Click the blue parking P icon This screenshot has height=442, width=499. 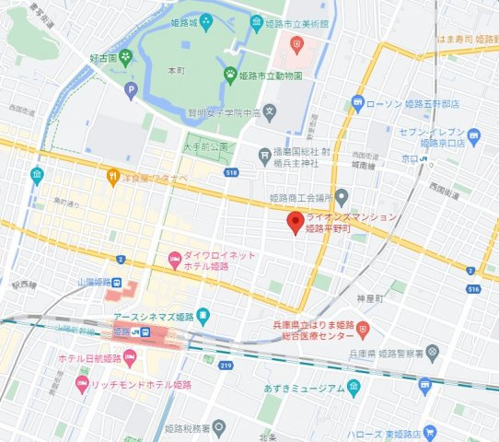tap(131, 90)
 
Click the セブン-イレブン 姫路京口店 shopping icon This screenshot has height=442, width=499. tap(474, 138)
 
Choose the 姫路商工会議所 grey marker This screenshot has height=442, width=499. tap(342, 196)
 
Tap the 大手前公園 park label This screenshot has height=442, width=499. tap(205, 146)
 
